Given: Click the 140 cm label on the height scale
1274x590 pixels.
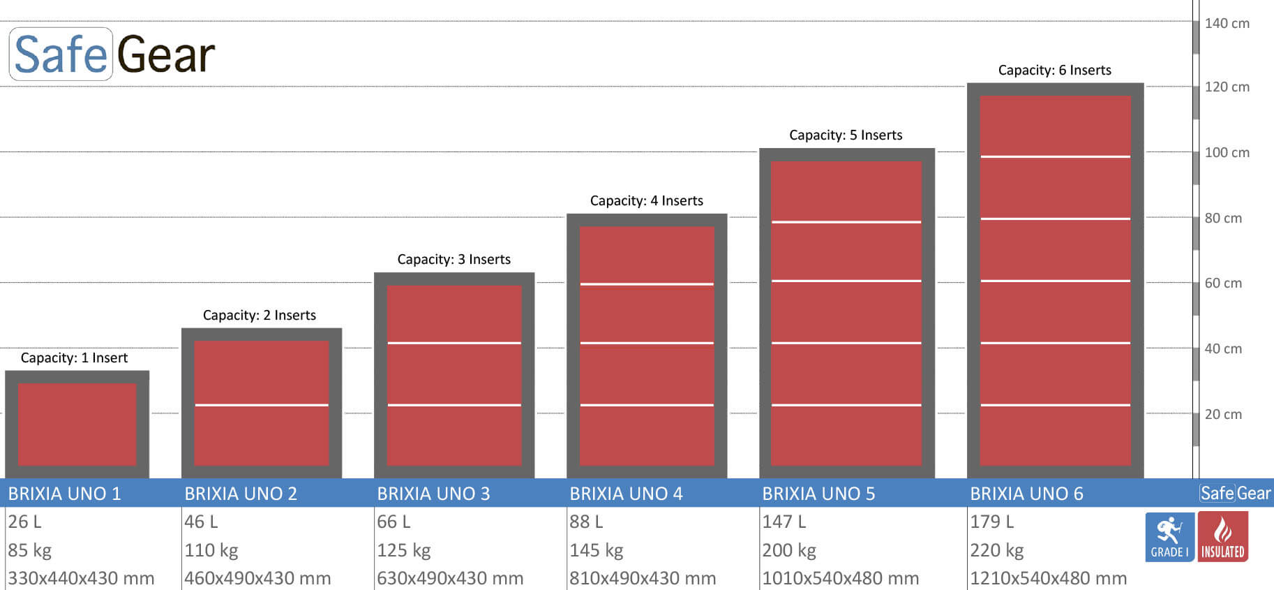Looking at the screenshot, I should coord(1227,23).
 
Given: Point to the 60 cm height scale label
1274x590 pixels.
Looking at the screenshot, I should coord(1223,283).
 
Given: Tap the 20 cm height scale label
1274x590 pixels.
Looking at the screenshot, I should coord(1223,414).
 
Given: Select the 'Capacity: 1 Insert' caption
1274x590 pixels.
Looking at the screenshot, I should coord(74,358).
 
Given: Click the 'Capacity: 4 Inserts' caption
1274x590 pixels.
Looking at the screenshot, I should coord(646,201).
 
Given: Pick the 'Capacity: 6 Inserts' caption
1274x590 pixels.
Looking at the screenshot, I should coord(1054,70).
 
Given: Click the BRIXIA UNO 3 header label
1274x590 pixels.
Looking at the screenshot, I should coord(433,494).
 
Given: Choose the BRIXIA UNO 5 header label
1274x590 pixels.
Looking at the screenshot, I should coord(818,494).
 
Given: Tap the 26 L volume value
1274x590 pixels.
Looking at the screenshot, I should coord(24,522).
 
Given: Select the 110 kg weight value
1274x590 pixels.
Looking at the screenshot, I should coord(211,550).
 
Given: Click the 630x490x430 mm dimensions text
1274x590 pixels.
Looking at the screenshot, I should coord(450,578).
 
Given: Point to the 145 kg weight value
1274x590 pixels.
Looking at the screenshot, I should coord(596,550).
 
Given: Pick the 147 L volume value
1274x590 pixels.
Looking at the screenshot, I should coord(784,522).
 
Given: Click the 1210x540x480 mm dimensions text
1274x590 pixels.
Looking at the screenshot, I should coord(1048,578).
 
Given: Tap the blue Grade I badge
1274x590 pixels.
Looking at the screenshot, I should coord(1169,537).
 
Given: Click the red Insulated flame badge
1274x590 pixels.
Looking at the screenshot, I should coord(1222,537).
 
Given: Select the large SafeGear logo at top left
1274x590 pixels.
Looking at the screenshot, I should coord(113,54).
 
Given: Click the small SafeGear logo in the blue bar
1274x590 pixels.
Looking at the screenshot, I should coord(1235,493).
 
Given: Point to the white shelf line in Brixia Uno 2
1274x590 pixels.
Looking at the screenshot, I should coord(262,405).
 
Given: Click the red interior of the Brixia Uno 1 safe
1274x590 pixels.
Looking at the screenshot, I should coord(77,424).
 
